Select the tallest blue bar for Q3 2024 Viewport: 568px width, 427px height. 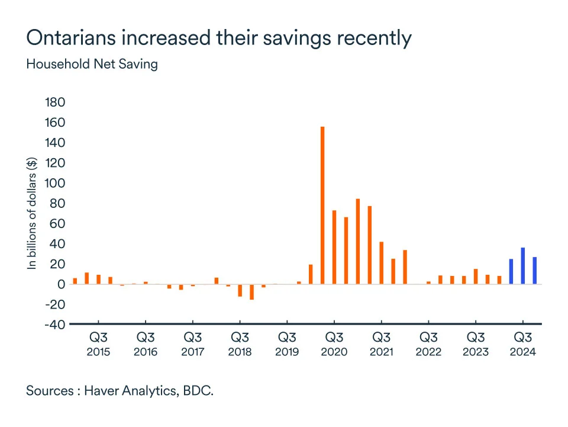coord(523,266)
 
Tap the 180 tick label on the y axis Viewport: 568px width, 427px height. coord(55,102)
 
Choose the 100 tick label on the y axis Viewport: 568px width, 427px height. coord(55,183)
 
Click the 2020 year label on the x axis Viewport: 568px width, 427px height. coord(334,352)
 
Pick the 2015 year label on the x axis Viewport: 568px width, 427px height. coord(98,352)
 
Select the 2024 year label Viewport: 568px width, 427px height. coord(523,352)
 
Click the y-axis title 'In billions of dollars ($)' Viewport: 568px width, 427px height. coord(33,212)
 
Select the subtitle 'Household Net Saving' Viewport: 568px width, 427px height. coord(92,64)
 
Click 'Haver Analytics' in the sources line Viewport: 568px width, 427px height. coord(131,391)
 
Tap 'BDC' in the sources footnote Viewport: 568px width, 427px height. coord(198,391)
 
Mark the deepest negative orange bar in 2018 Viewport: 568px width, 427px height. coord(251,292)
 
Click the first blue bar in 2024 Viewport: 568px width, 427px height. coord(511,272)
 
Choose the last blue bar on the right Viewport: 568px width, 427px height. coord(535,271)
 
